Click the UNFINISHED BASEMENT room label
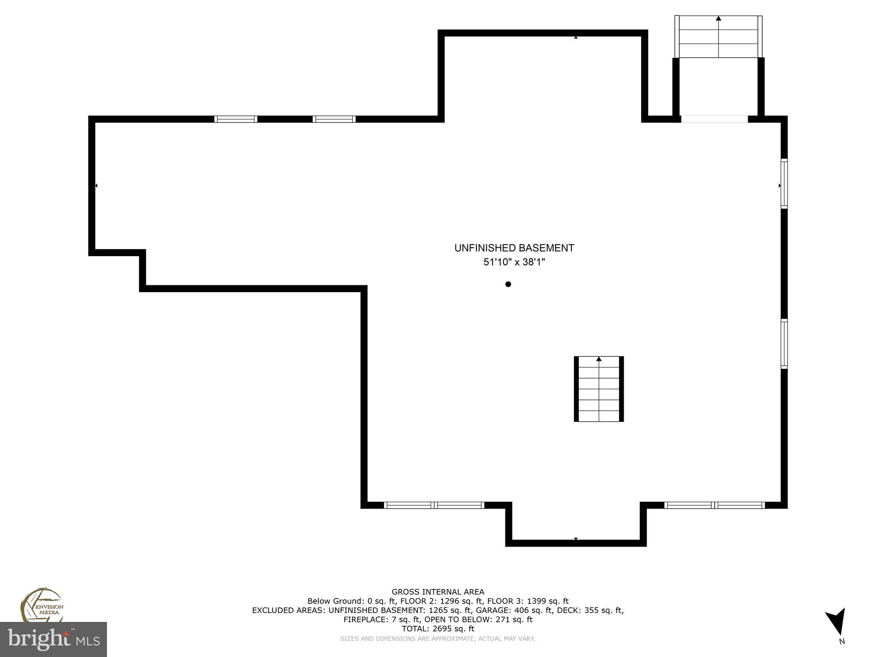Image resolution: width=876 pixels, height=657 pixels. [x=514, y=248]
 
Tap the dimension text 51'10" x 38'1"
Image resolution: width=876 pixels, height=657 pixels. [x=514, y=262]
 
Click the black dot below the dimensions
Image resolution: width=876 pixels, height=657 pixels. [x=508, y=284]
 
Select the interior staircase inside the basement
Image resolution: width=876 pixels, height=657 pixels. [x=598, y=389]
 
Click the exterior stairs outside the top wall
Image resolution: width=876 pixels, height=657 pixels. [x=718, y=37]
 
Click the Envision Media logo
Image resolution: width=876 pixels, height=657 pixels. [x=42, y=605]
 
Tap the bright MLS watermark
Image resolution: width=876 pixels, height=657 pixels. [x=53, y=639]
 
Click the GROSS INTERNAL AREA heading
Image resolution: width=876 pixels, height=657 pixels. [x=438, y=592]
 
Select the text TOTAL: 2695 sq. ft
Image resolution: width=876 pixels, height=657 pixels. [x=438, y=629]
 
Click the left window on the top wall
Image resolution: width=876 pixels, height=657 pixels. [x=236, y=119]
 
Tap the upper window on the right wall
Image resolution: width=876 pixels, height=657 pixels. [x=784, y=183]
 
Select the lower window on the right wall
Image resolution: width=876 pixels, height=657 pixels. [x=784, y=344]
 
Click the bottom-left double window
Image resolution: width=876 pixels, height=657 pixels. [x=434, y=505]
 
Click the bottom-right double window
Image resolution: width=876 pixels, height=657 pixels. [x=714, y=505]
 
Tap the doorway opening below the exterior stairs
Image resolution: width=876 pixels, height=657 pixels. [x=714, y=119]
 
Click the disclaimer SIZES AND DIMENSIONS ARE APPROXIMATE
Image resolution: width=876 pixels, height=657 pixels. [x=438, y=639]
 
